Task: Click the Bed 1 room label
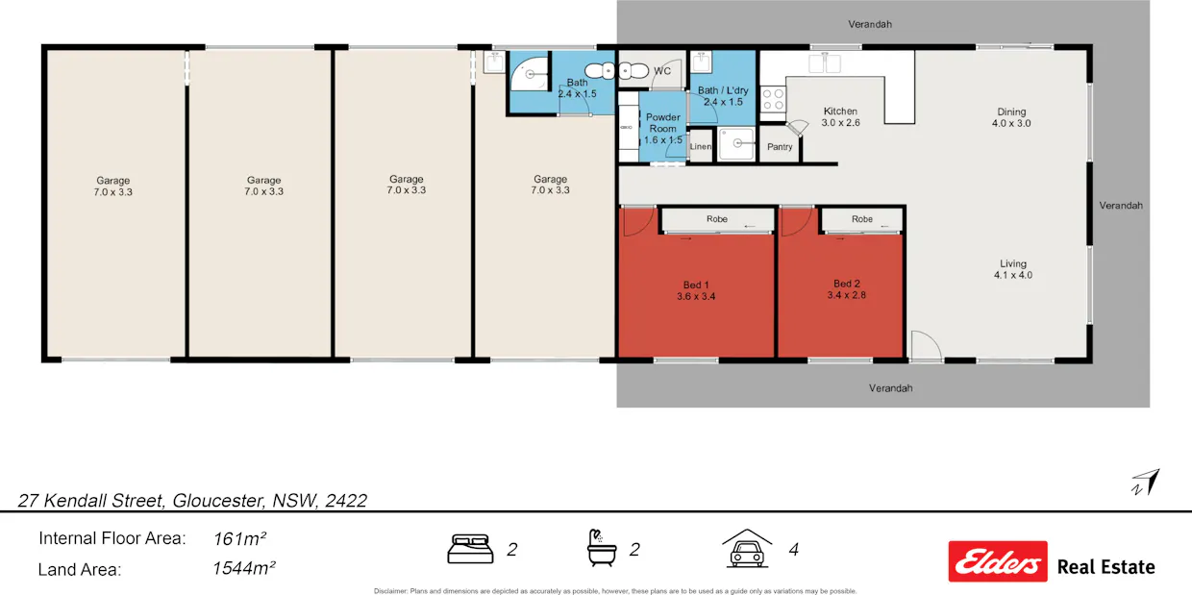tap(696, 290)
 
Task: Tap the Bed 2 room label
tap(846, 289)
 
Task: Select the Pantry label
tap(780, 147)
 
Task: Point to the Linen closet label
tap(701, 147)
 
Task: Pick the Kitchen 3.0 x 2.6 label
tap(839, 117)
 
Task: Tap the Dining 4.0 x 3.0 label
tap(1011, 117)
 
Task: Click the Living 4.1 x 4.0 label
tap(1012, 269)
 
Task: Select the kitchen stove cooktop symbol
tap(773, 99)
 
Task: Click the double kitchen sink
tap(824, 63)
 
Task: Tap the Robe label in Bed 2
tap(862, 219)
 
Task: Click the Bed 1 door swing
tap(634, 223)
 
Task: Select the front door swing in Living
tap(924, 345)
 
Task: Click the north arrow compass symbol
tap(1145, 482)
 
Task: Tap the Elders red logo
tap(997, 560)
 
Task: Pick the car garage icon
tap(748, 549)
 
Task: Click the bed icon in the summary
tap(470, 550)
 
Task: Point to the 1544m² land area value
tap(244, 568)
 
